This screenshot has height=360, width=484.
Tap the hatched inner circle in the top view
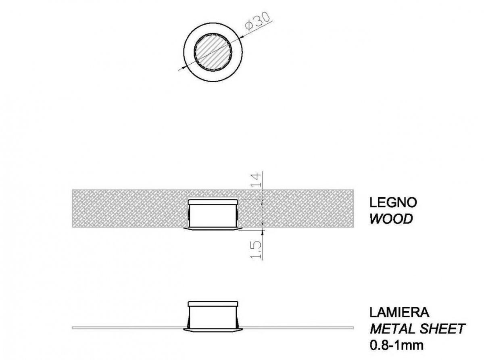213,52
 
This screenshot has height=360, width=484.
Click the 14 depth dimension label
256,179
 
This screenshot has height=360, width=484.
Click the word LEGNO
393,202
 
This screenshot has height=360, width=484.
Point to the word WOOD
391,219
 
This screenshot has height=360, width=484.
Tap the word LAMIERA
399,312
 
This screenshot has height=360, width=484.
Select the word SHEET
442,329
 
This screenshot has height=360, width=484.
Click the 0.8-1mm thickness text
396,345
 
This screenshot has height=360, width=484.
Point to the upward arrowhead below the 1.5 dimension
262,233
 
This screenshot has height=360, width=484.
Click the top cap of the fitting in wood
213,202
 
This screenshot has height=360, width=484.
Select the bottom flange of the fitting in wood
213,229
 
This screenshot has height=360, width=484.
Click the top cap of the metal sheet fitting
213,304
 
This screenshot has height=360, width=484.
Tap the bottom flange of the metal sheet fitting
213,330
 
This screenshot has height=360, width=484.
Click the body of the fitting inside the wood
213,216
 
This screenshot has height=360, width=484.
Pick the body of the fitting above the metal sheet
213,317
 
